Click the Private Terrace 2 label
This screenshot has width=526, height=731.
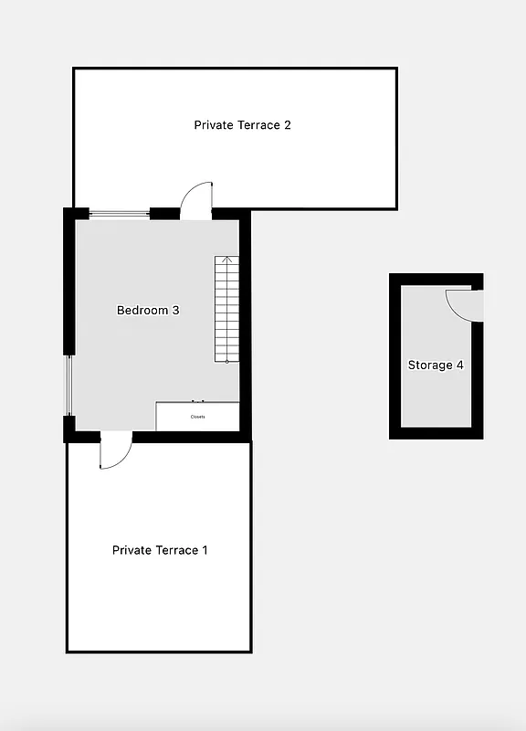pyautogui.click(x=242, y=125)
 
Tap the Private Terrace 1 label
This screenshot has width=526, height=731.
pyautogui.click(x=160, y=550)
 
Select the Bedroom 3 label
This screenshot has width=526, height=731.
pyautogui.click(x=148, y=311)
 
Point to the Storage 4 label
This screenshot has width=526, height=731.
pyautogui.click(x=436, y=365)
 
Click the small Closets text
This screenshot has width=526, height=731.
pyautogui.click(x=198, y=417)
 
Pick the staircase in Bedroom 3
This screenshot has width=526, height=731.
pyautogui.click(x=226, y=311)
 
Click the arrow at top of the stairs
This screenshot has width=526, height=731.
pyautogui.click(x=227, y=261)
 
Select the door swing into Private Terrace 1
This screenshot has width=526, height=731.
pyautogui.click(x=115, y=452)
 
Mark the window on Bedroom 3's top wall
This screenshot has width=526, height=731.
pyautogui.click(x=119, y=214)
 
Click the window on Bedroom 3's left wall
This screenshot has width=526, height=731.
pyautogui.click(x=68, y=384)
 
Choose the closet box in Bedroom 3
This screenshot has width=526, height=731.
pyautogui.click(x=197, y=416)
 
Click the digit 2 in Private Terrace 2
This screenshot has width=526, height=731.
pyautogui.click(x=287, y=125)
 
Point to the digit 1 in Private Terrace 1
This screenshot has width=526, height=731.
pyautogui.click(x=205, y=550)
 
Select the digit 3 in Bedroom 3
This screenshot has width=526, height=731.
pyautogui.click(x=175, y=311)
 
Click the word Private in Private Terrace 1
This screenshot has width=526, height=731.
pyautogui.click(x=131, y=550)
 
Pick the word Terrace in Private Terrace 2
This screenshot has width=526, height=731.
pyautogui.click(x=256, y=125)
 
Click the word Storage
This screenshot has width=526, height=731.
pyautogui.click(x=429, y=365)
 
